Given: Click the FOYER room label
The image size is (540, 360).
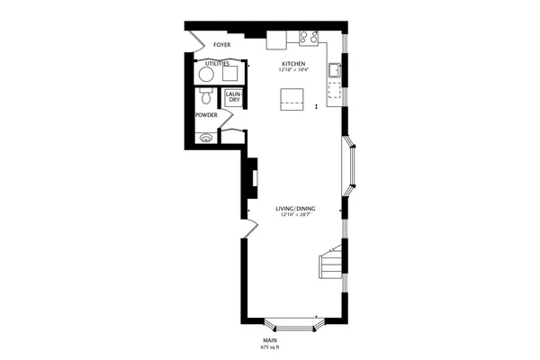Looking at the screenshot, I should [221, 44].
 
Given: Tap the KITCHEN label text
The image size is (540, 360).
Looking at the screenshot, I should [294, 64].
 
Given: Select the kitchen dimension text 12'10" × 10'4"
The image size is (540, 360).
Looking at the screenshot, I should [294, 70].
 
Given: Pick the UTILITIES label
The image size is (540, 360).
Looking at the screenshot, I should [217, 64].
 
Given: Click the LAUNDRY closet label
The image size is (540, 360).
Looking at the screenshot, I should [232, 96].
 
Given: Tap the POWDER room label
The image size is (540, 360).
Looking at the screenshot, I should [206, 115].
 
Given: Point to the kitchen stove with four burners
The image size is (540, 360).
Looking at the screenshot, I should [310, 38].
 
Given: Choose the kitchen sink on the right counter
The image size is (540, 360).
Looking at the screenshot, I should [333, 68].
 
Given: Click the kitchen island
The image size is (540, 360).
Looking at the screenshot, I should [292, 97].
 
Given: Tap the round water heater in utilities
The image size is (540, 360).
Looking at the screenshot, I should [206, 74].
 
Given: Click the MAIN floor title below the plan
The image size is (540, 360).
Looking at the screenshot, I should [270, 339].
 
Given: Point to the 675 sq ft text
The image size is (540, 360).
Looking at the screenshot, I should [270, 346].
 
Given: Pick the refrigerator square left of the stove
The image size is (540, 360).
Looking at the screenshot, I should [276, 40].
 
